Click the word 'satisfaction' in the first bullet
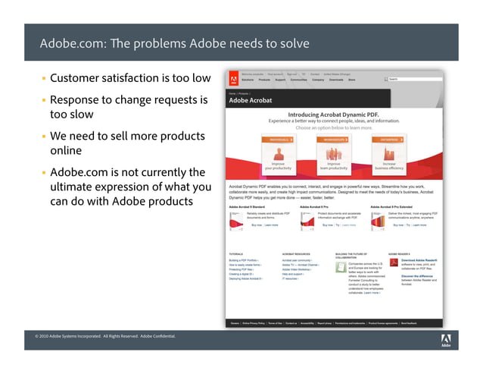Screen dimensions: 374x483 point(136,78)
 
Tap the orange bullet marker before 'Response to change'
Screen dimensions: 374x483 point(43,100)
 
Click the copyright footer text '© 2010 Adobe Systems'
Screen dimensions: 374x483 point(68,335)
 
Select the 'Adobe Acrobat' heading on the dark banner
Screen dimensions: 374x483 point(251,100)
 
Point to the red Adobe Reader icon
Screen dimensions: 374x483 point(394,263)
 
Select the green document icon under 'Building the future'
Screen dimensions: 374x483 point(341,267)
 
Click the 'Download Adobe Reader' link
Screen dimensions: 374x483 point(419,259)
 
